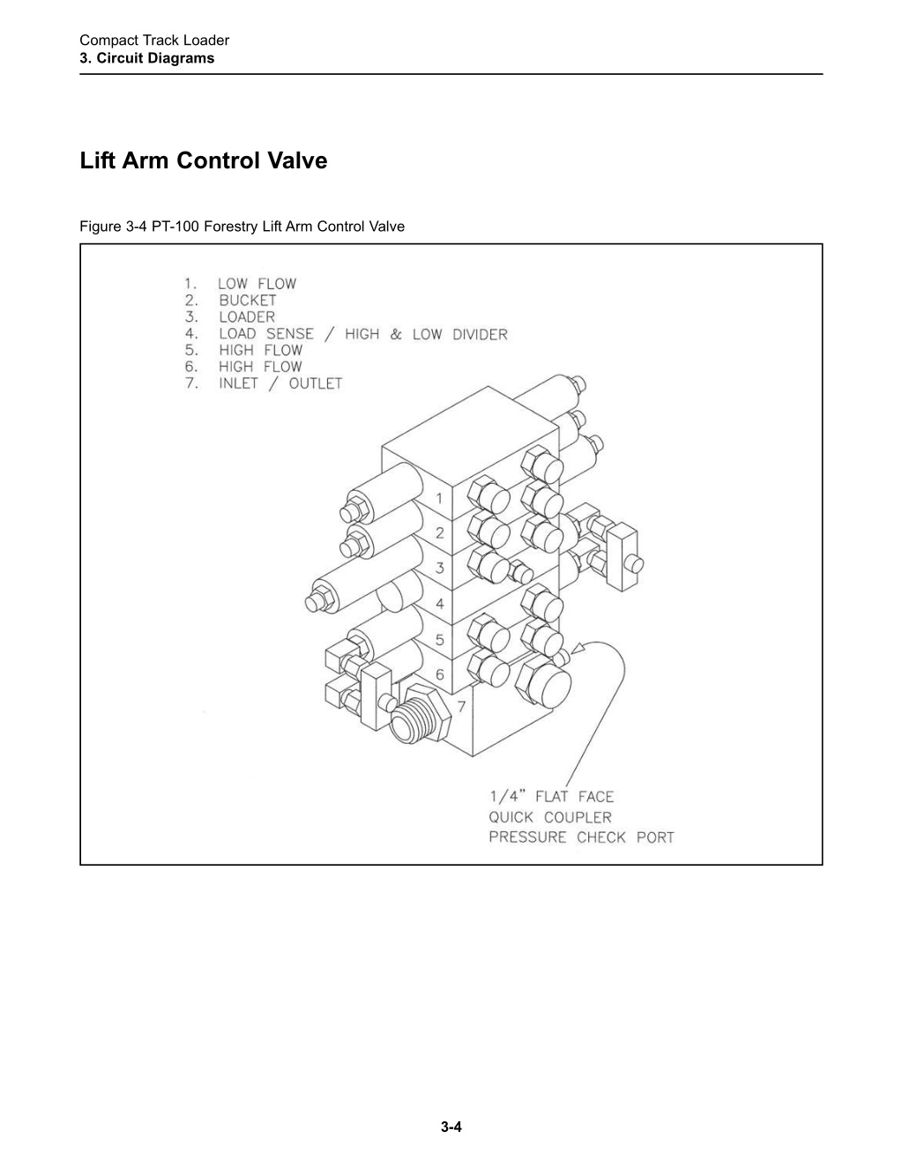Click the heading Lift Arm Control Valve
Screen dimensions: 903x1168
[x=203, y=160]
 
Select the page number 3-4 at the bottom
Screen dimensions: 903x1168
[x=451, y=1127]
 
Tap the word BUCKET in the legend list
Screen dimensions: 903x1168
[x=248, y=301]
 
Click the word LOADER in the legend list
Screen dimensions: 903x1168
[x=247, y=317]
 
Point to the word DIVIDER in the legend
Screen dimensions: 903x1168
[x=480, y=334]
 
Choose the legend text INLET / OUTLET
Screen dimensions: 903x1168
[x=280, y=383]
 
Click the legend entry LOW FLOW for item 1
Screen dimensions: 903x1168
[x=257, y=284]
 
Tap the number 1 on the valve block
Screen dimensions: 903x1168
[x=439, y=498]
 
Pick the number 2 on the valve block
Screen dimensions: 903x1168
[x=440, y=533]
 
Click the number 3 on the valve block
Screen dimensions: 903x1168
[x=440, y=568]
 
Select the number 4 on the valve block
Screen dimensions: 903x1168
[x=440, y=604]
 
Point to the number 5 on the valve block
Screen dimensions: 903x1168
[x=440, y=640]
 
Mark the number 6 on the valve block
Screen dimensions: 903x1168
[x=440, y=674]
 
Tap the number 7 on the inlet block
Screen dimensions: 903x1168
[x=461, y=706]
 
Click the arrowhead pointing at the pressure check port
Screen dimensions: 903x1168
[x=577, y=649]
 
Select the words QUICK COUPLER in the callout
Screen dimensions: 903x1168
[x=550, y=817]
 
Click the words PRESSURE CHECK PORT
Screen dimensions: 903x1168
[x=582, y=837]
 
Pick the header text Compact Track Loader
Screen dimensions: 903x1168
[x=154, y=41]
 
